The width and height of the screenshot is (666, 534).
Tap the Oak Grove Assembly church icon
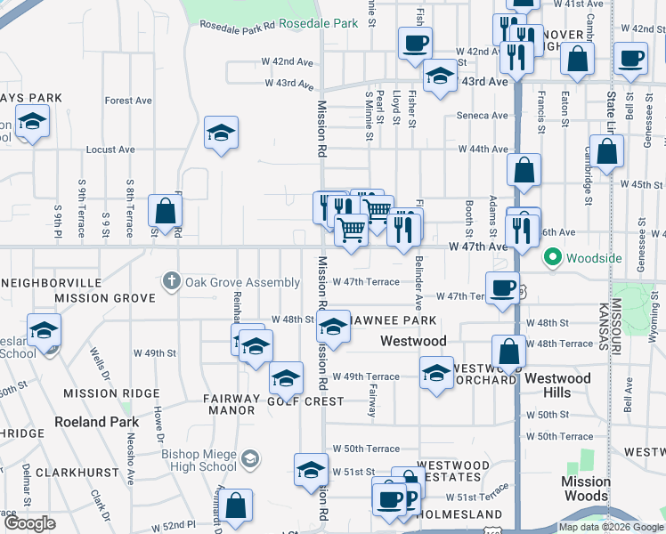point(173,281)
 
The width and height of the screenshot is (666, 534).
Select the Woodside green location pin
point(552,259)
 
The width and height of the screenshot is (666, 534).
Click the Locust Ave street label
point(111,150)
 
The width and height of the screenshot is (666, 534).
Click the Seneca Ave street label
point(482,116)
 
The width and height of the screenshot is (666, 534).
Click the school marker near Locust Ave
point(221,134)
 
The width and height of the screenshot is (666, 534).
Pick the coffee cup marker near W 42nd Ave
point(416,43)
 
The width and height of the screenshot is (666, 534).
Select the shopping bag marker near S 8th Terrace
point(165,211)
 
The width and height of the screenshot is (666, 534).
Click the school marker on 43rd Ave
point(440,77)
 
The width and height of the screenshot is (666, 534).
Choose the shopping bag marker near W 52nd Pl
point(237,506)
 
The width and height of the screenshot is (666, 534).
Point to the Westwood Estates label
point(453,471)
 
